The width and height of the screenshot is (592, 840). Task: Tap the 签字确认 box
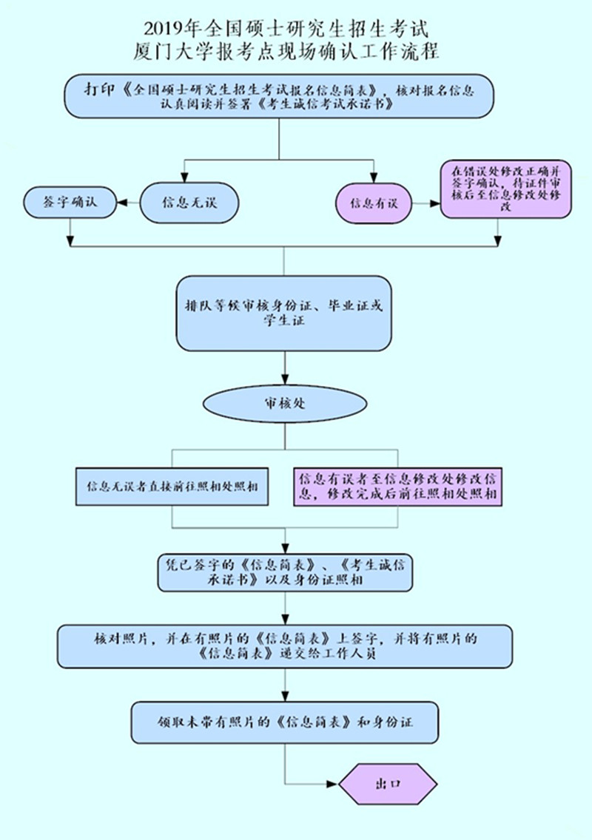tap(70, 202)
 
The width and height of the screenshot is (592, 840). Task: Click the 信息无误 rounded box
tap(189, 202)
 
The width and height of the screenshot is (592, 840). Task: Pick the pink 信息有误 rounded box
tap(374, 202)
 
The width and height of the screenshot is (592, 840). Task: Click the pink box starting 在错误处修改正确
tap(506, 189)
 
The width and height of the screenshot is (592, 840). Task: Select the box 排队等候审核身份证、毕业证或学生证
tap(283, 313)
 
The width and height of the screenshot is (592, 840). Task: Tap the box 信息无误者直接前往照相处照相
tap(172, 487)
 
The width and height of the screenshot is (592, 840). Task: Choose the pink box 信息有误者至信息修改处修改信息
tap(397, 487)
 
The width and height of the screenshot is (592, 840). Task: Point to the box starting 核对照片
tap(285, 646)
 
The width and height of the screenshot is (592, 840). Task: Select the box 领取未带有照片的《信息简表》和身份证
tap(285, 722)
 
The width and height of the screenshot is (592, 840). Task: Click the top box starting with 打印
tap(279, 96)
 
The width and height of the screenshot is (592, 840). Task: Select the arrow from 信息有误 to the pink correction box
tap(425, 202)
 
